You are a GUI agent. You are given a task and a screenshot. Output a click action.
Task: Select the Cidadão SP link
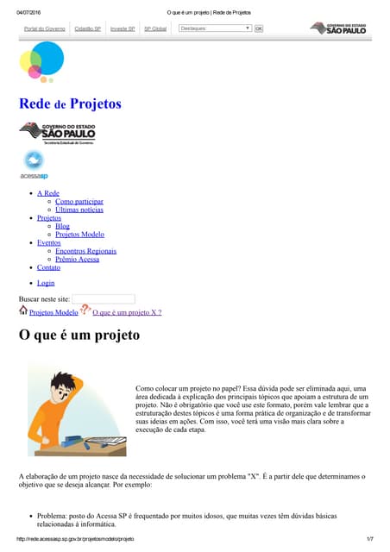coord(88,28)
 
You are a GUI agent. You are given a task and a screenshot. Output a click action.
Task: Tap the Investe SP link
coord(123,28)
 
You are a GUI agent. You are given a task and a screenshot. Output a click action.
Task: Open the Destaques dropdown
coord(215,28)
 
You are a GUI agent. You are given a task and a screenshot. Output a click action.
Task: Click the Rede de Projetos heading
coord(70,104)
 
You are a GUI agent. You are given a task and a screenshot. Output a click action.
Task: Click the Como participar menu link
coord(79,201)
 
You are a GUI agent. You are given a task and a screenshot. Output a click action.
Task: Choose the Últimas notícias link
coord(79,210)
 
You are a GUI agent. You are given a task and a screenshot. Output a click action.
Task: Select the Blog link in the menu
coord(62,226)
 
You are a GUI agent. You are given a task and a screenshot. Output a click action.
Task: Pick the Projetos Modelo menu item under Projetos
coord(79,235)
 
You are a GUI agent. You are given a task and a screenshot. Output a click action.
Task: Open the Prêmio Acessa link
coord(77,260)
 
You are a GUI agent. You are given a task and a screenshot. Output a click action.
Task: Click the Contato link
coord(48,267)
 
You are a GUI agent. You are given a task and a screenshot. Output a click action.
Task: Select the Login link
coord(46,283)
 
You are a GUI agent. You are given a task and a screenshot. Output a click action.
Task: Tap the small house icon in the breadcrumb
coord(23,310)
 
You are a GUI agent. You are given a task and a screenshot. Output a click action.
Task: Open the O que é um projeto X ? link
coord(127,312)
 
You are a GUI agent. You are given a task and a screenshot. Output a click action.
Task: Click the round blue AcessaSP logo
coord(34,160)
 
